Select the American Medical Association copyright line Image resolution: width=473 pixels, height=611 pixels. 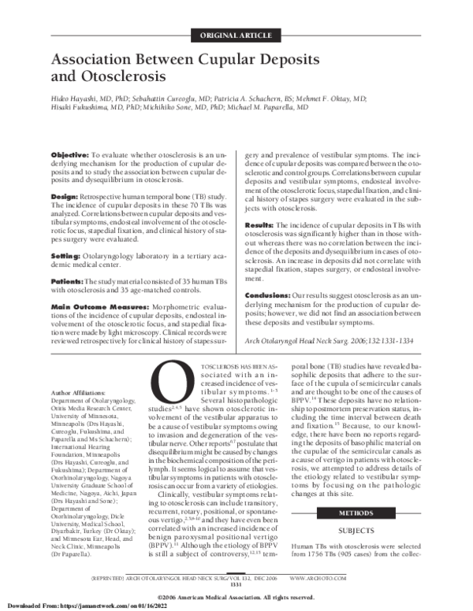(236, 597)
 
